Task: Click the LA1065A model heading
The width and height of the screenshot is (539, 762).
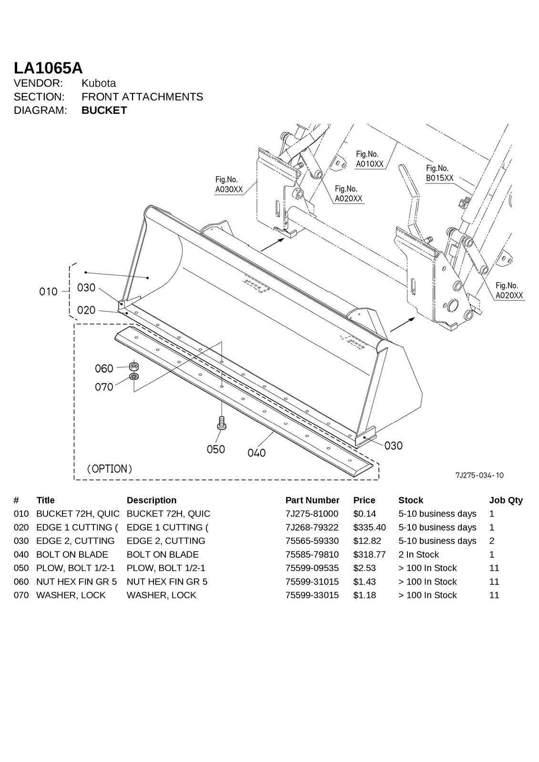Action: click(x=48, y=68)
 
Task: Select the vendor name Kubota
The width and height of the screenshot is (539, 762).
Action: click(x=99, y=83)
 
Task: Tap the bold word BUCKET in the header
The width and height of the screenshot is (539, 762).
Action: click(x=104, y=110)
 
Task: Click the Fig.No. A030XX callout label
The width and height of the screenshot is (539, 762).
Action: click(x=229, y=185)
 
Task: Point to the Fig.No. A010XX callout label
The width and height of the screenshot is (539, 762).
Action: click(x=369, y=159)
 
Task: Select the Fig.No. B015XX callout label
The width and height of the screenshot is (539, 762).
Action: click(x=439, y=173)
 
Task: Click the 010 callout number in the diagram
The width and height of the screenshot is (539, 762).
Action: click(x=48, y=291)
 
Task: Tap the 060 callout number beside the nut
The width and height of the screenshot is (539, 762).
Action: click(x=104, y=369)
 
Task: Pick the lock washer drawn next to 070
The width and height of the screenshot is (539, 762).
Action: click(x=134, y=377)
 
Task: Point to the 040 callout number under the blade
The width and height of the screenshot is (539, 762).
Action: click(x=256, y=453)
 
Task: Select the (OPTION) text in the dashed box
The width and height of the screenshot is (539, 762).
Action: click(x=109, y=469)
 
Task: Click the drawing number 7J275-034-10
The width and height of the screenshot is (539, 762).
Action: click(x=479, y=475)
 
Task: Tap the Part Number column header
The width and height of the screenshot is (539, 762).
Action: click(x=312, y=500)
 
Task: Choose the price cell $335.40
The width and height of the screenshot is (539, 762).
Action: click(x=369, y=527)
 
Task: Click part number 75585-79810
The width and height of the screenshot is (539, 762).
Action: click(x=312, y=554)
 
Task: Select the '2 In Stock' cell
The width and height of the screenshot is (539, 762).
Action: click(x=418, y=554)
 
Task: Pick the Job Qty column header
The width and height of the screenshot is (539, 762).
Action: click(x=506, y=500)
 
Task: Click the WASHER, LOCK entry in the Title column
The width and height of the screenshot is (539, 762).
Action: click(x=71, y=595)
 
